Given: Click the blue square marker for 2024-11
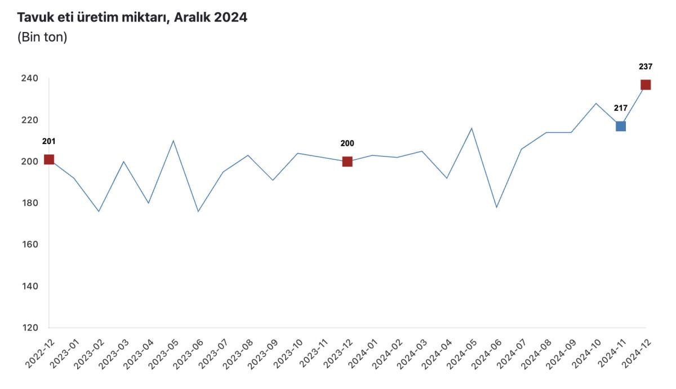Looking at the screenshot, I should click(x=620, y=126).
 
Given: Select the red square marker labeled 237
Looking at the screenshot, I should click(x=646, y=85).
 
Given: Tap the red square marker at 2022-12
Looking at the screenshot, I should click(x=49, y=159).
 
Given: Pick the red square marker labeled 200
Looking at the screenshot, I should click(x=347, y=162).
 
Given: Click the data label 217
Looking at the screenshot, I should click(x=620, y=108).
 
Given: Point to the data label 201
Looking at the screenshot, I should click(x=49, y=141).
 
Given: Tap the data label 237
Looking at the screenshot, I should click(x=646, y=66).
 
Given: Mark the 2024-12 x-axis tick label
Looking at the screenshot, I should click(x=637, y=354).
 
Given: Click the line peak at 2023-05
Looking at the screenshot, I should click(x=174, y=141).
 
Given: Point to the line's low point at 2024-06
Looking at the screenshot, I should click(x=496, y=207).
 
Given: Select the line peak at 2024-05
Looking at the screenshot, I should click(x=472, y=128).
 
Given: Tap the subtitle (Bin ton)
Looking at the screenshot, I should click(x=42, y=38).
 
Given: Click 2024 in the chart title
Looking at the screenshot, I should click(x=231, y=17).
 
